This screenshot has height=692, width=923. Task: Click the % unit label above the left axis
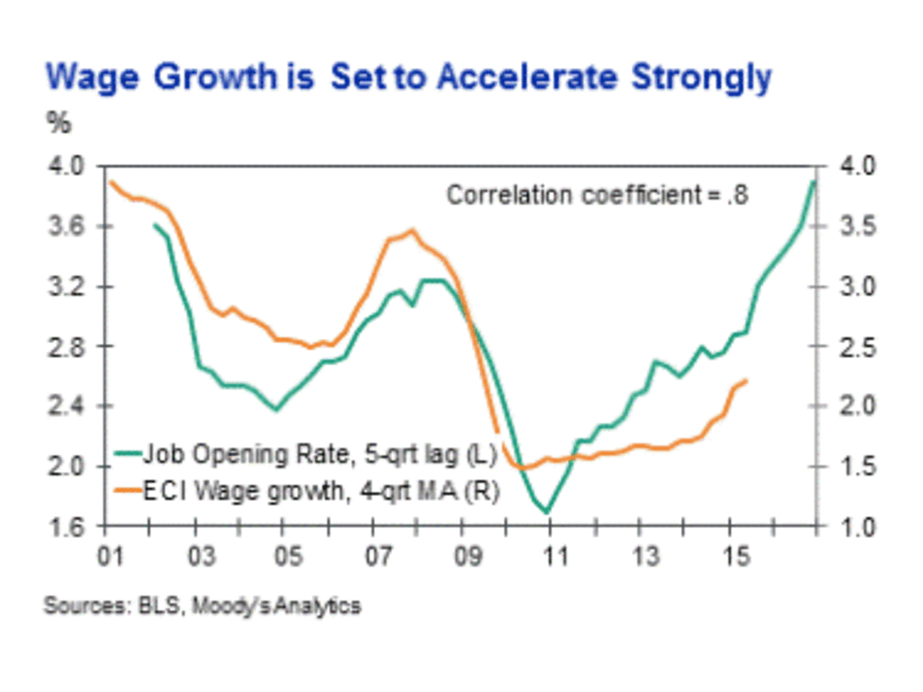(x=58, y=124)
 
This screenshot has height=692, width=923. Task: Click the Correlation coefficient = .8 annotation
(x=598, y=196)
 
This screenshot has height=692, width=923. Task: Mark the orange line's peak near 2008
(x=412, y=229)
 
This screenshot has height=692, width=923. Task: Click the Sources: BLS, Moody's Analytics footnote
(x=202, y=606)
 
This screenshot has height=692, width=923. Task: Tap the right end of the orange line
(x=747, y=379)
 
